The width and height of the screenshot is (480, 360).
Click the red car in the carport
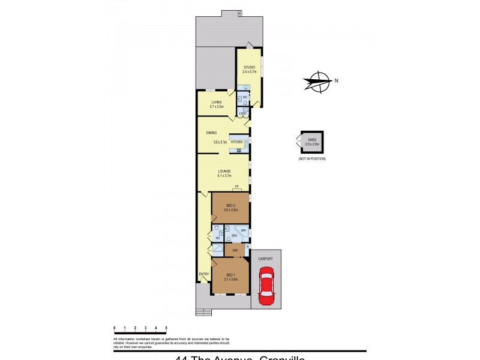click(265, 286)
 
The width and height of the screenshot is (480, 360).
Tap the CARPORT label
click(265, 259)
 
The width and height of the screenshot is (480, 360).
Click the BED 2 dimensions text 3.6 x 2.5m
click(231, 211)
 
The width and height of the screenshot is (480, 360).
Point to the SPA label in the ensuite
click(243, 230)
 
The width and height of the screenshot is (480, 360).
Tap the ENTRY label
click(204, 274)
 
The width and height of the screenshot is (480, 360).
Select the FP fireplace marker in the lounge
click(238, 187)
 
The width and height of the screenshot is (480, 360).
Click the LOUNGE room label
click(224, 171)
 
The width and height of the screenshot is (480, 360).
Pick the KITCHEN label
click(237, 142)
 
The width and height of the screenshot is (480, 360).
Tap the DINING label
click(211, 133)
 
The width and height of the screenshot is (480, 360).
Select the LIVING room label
click(216, 102)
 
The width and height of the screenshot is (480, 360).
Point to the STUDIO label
click(249, 67)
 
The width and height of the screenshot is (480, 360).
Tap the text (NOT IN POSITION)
click(312, 158)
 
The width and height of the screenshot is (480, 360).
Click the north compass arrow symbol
click(318, 81)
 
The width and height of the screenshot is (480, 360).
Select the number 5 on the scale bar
click(166, 328)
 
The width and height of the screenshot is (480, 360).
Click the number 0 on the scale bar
click(114, 328)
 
